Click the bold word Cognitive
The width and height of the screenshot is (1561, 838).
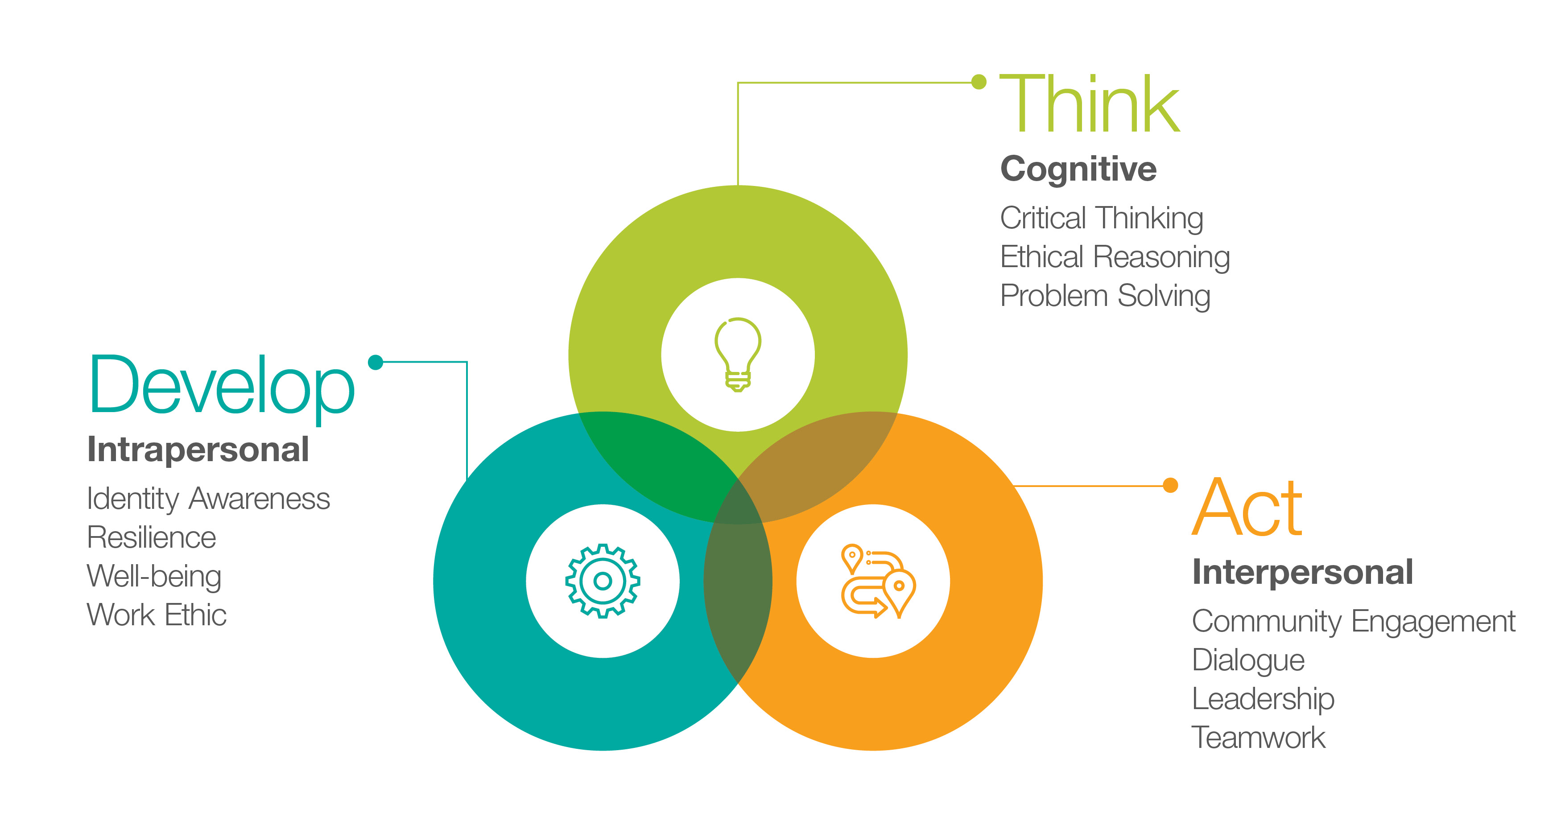1078,169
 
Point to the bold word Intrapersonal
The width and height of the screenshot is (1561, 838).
198,450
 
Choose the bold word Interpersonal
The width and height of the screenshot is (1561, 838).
1302,572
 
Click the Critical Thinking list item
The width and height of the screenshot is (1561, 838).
1102,219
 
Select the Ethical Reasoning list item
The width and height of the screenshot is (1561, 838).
1115,257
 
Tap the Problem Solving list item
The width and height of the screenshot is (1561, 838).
1105,296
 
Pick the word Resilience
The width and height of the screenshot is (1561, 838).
152,537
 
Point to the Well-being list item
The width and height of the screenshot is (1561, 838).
154,577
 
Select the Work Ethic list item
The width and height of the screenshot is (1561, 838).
157,615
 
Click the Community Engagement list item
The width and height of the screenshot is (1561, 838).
1354,622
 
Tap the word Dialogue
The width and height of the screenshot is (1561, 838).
1248,660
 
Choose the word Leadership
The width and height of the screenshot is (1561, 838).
1264,699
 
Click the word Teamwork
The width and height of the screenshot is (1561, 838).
1259,737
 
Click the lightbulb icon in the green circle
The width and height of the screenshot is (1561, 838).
738,355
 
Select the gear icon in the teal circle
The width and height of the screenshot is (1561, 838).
603,581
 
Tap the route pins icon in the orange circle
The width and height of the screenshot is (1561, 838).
878,581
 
